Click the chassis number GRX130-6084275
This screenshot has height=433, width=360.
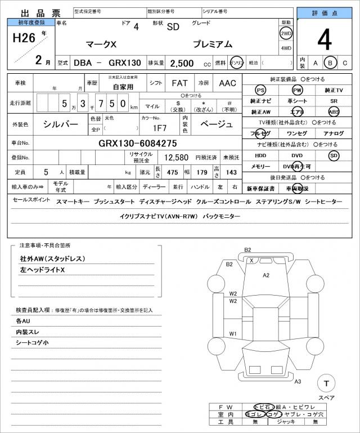[138, 143]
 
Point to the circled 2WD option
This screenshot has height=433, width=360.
[286, 33]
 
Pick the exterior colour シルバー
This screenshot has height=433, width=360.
[61, 123]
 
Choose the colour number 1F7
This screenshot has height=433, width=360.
[159, 127]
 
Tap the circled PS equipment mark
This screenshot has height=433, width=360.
[260, 90]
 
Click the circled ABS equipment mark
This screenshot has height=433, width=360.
[334, 111]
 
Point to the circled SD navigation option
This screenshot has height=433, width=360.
[334, 155]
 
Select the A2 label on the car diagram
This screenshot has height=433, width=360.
[266, 275]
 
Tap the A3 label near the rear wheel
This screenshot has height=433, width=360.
[298, 382]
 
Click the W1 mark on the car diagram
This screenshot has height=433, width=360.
[232, 334]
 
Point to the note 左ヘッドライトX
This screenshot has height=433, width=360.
[43, 271]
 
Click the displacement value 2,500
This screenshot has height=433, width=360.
[182, 63]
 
